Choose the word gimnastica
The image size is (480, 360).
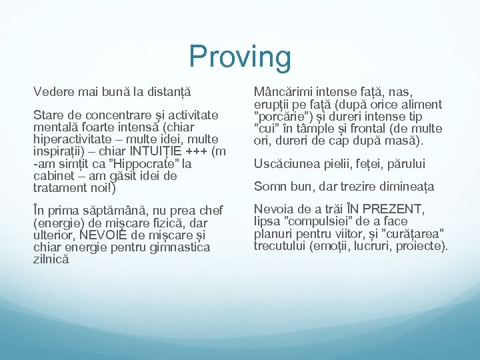180,248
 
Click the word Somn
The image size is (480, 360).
269,187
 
